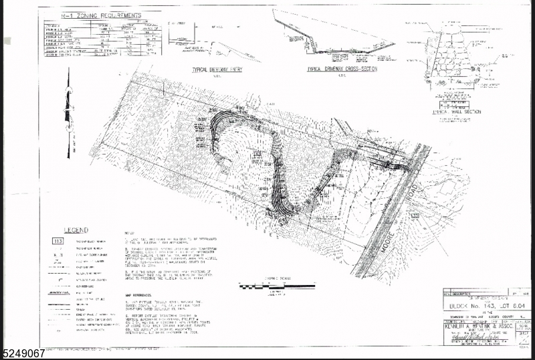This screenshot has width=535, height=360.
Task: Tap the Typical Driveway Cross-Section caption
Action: (342, 68)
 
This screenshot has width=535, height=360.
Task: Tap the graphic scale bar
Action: (267, 286)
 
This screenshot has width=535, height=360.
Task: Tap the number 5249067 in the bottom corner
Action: (23, 353)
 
